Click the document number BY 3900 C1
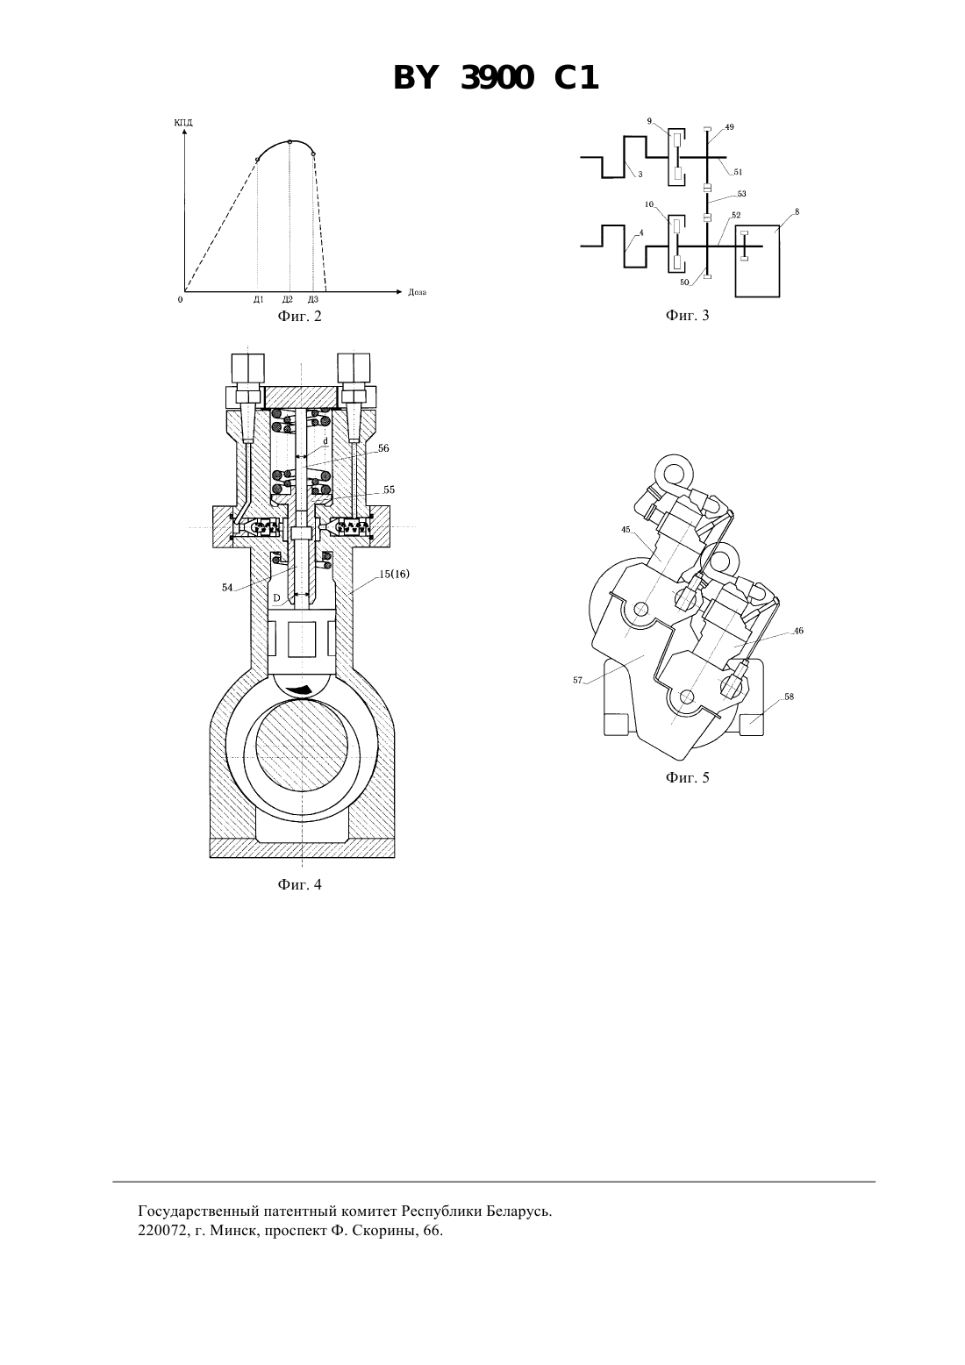496,79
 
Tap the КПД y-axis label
183,123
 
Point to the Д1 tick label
259,299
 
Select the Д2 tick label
288,299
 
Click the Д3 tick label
313,299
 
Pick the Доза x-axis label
418,292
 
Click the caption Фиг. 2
299,316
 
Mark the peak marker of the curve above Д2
290,141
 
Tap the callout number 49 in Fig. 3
729,127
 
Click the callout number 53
741,194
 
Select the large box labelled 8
757,261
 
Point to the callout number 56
383,448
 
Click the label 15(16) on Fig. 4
395,574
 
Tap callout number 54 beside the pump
227,588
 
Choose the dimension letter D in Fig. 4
276,598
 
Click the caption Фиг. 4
299,884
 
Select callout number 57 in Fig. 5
577,680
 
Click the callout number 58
789,697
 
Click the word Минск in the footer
228,1231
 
